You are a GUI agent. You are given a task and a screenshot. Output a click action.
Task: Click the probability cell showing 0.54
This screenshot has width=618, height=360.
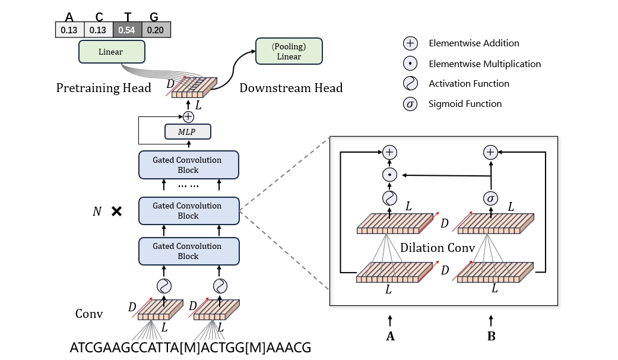pyautogui.click(x=127, y=30)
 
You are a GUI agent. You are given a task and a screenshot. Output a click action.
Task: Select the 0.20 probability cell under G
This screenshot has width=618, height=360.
pyautogui.click(x=156, y=30)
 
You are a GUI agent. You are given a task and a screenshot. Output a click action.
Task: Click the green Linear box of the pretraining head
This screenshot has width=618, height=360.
pyautogui.click(x=110, y=52)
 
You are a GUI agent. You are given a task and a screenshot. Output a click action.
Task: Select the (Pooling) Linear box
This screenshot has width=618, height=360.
pyautogui.click(x=289, y=52)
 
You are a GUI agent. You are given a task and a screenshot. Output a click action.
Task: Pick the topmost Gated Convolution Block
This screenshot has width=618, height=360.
pyautogui.click(x=188, y=165)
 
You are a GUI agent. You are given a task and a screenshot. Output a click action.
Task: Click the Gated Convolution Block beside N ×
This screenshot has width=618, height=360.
pyautogui.click(x=188, y=211)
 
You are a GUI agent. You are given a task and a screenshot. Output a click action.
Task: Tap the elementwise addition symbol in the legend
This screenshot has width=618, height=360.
pyautogui.click(x=410, y=43)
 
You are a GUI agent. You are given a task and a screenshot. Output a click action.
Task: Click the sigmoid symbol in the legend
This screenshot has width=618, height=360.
pyautogui.click(x=410, y=104)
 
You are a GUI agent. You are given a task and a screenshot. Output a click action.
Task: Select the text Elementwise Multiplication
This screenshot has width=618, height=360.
pyautogui.click(x=484, y=64)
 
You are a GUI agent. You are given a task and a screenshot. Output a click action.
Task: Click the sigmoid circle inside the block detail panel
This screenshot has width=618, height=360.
pyautogui.click(x=490, y=198)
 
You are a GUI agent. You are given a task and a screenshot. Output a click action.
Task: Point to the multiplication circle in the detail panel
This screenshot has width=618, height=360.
pyautogui.click(x=389, y=175)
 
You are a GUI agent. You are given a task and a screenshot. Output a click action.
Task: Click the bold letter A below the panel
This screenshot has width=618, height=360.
pyautogui.click(x=390, y=337)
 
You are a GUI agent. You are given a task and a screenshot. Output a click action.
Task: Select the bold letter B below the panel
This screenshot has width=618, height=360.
pyautogui.click(x=491, y=337)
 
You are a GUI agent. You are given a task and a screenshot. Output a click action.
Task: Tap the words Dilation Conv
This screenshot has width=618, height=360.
pyautogui.click(x=438, y=247)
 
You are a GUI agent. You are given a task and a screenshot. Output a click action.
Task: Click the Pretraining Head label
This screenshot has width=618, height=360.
pyautogui.click(x=104, y=88)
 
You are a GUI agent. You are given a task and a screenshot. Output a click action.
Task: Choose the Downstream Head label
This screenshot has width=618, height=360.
pyautogui.click(x=291, y=88)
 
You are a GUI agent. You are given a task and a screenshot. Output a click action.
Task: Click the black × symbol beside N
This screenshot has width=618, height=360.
pyautogui.click(x=116, y=211)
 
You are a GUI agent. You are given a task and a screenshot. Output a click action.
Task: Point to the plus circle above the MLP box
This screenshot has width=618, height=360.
pyautogui.click(x=189, y=116)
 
